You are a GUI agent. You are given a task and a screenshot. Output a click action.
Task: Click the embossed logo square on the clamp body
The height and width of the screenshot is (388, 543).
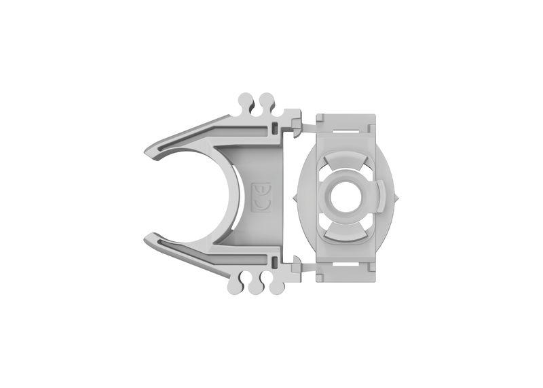261,196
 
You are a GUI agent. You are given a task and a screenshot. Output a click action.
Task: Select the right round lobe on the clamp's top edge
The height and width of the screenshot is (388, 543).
267,101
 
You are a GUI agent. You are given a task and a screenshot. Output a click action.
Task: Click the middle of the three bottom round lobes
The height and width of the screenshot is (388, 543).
256,286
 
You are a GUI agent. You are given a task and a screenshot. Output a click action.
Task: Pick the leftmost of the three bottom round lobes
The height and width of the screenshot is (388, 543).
236,286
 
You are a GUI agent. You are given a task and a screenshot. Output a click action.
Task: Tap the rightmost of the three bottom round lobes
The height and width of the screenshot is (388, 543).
276,286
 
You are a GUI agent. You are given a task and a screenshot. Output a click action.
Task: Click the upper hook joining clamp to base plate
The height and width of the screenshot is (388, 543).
297,121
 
